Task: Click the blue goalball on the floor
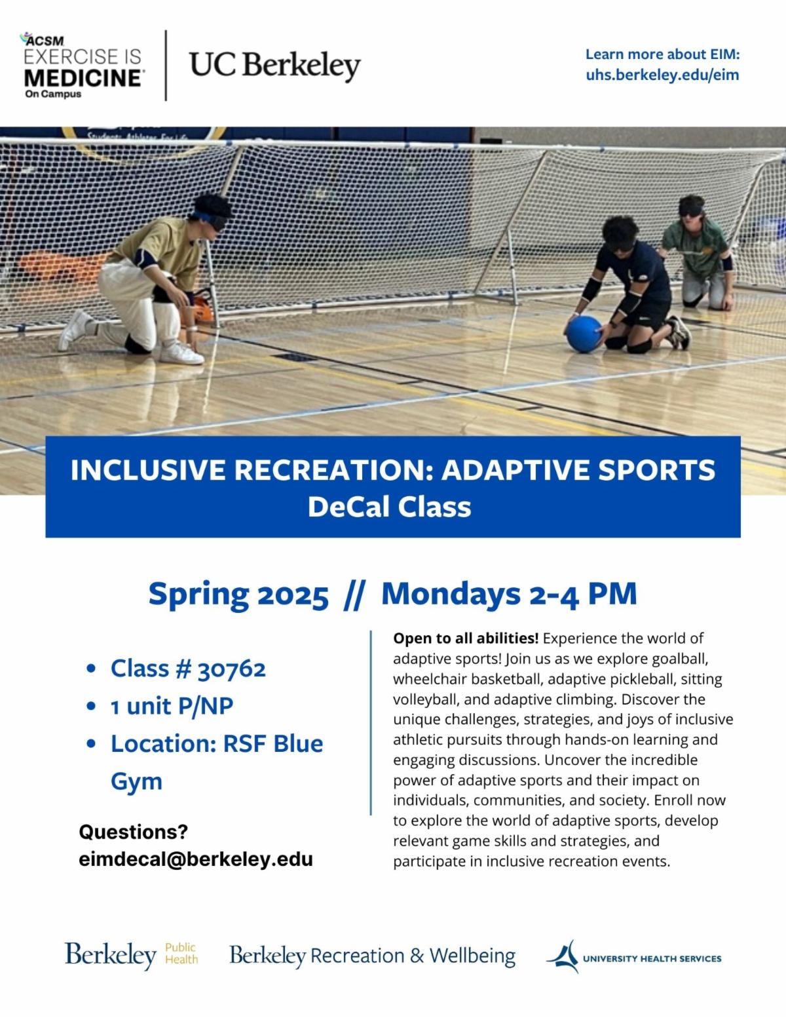click(x=584, y=334)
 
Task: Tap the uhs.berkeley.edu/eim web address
click(x=662, y=75)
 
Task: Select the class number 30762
click(x=232, y=669)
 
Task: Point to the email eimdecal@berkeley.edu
click(x=196, y=859)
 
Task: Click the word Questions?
click(x=134, y=832)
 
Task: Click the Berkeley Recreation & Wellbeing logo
click(x=373, y=956)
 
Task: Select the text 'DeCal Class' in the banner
click(x=390, y=507)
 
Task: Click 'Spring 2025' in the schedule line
click(x=238, y=594)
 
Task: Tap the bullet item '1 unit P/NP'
click(x=172, y=706)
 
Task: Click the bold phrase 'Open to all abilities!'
click(x=466, y=638)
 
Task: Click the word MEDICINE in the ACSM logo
click(x=83, y=78)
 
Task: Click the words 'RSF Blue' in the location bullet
click(x=273, y=743)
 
